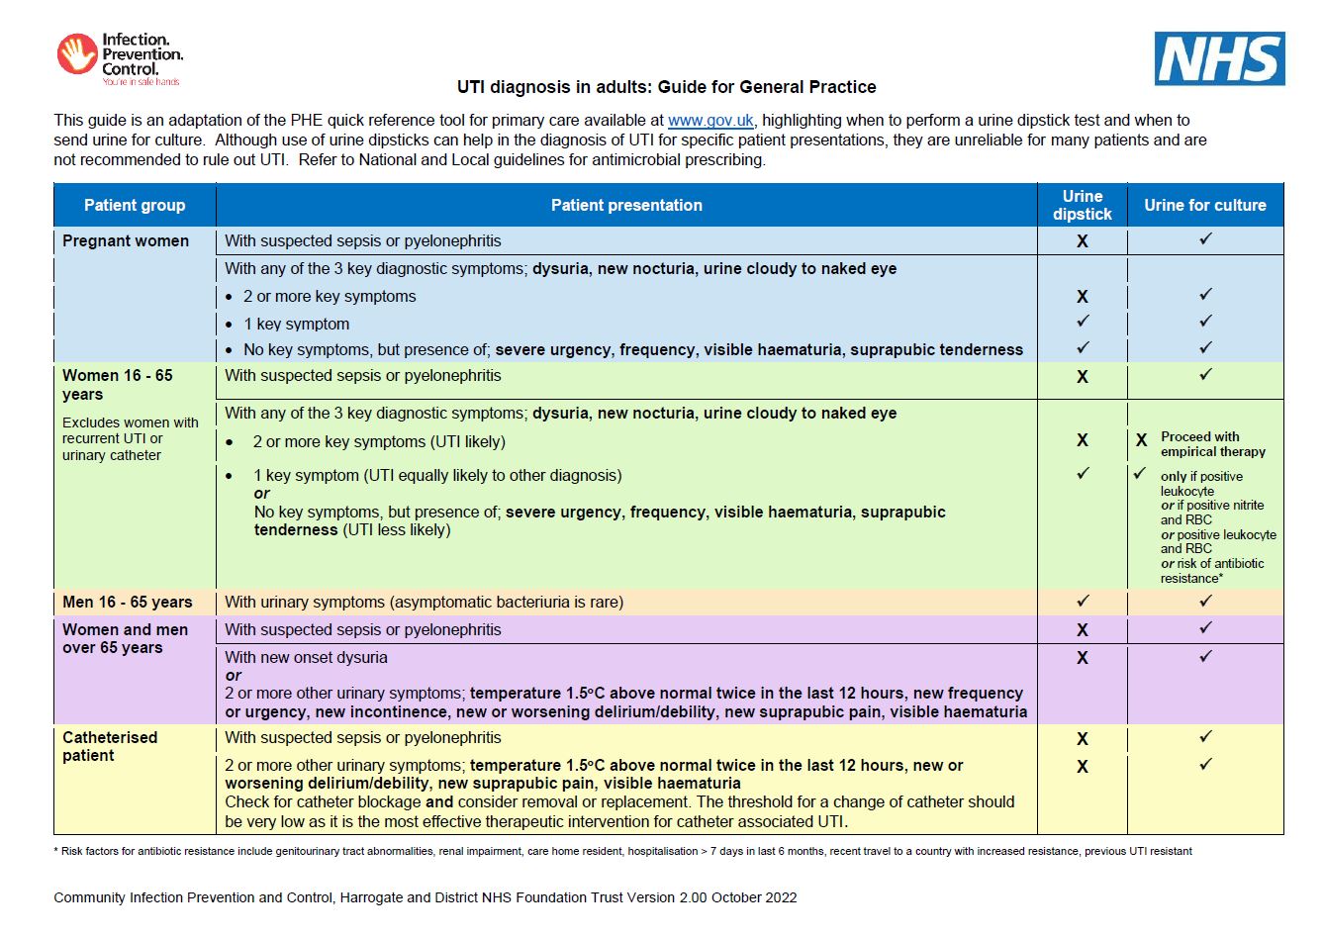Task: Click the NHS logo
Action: tap(1219, 58)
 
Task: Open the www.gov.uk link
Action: tap(710, 121)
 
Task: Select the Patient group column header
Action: tap(135, 205)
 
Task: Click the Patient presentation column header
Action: tap(626, 205)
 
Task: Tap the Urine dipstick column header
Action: tap(1082, 205)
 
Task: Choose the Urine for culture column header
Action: tap(1204, 205)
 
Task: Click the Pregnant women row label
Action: tap(126, 240)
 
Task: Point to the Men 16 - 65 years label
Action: tap(128, 602)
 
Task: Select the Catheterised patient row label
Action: tap(109, 746)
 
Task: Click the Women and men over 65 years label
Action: tap(125, 638)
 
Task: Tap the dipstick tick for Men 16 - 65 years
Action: tap(1083, 601)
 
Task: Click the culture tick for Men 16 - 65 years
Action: tap(1205, 601)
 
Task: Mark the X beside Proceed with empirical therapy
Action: tap(1141, 440)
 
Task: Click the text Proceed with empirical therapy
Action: tap(1212, 444)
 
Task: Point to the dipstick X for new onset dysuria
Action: tap(1082, 658)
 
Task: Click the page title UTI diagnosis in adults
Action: tap(666, 87)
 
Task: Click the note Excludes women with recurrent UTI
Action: tap(130, 438)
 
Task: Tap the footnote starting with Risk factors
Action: tap(623, 851)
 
